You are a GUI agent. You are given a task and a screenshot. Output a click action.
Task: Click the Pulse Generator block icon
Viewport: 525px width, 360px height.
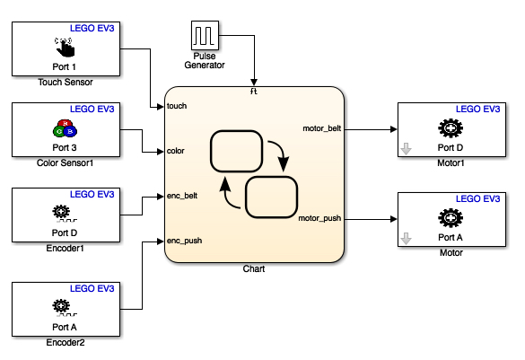pyautogui.click(x=206, y=36)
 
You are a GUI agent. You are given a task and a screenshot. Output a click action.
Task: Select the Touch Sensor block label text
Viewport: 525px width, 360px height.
pyautogui.click(x=66, y=82)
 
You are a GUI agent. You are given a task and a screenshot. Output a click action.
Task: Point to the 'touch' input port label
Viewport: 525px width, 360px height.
pyautogui.click(x=177, y=106)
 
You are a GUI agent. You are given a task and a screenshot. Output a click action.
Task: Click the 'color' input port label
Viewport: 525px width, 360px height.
pyautogui.click(x=176, y=150)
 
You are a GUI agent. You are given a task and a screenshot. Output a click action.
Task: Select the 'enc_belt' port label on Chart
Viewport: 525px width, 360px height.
pyautogui.click(x=182, y=195)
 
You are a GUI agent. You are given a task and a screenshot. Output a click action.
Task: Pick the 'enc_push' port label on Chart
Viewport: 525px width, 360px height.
pyautogui.click(x=184, y=241)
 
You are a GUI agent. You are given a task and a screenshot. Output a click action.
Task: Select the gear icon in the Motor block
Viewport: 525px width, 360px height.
pyautogui.click(x=451, y=216)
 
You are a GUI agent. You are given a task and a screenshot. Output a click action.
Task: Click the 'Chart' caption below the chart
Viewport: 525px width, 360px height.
pyautogui.click(x=255, y=268)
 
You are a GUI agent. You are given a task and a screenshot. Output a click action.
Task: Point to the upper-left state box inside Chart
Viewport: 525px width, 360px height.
pyautogui.click(x=235, y=151)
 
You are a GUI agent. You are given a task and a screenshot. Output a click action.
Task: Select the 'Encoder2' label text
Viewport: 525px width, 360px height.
pyautogui.click(x=66, y=342)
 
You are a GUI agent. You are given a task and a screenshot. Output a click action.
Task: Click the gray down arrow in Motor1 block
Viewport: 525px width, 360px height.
pyautogui.click(x=407, y=149)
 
